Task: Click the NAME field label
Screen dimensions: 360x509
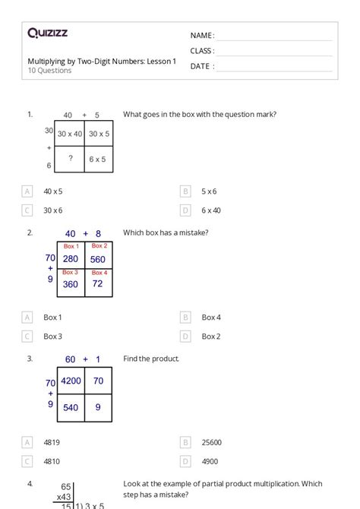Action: coord(201,36)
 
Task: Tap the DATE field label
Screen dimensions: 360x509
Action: coord(201,66)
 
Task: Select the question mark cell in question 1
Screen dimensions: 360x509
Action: coord(71,159)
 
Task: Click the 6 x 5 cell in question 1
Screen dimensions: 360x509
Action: coord(97,159)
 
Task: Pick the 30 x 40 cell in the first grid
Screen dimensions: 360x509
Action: coord(71,134)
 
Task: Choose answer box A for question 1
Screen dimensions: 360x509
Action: coord(28,191)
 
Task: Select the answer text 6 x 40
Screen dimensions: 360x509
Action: coord(211,210)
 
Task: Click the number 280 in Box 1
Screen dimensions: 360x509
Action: coord(71,259)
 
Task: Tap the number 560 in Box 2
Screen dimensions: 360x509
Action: coord(98,259)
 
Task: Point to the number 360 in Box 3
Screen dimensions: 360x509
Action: coord(71,285)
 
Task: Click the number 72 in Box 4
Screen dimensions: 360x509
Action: coord(98,284)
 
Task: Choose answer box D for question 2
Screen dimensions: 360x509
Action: coord(185,336)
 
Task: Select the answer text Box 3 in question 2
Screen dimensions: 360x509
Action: coord(52,336)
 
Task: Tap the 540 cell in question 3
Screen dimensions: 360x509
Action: coord(71,408)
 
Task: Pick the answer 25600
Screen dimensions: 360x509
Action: coord(212,441)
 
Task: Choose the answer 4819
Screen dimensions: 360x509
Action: coord(52,441)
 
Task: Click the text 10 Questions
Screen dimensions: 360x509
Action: coord(49,71)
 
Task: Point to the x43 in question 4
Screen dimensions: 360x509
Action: coord(63,497)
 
